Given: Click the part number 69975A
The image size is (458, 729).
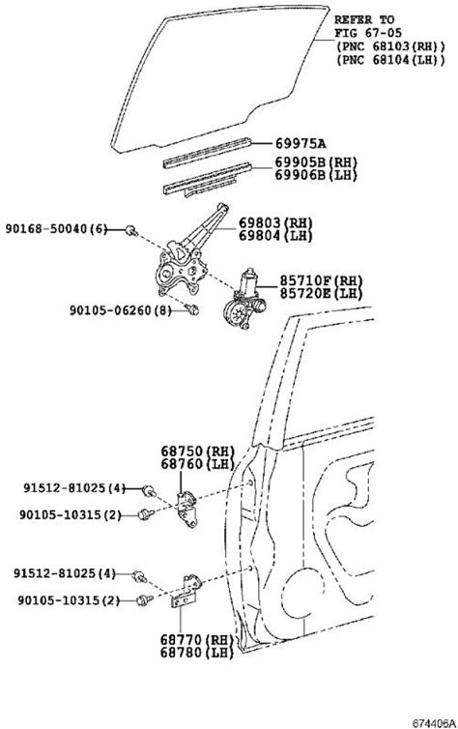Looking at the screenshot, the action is pyautogui.click(x=301, y=144).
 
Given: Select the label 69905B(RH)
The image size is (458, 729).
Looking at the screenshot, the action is pyautogui.click(x=316, y=162).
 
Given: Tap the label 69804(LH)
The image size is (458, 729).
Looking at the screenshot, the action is pyautogui.click(x=275, y=235).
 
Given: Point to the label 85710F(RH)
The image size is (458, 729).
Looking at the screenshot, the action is pyautogui.click(x=321, y=280).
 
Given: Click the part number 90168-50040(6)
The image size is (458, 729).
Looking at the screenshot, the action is pyautogui.click(x=56, y=229).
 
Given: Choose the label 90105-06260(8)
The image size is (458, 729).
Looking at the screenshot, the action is pyautogui.click(x=121, y=310).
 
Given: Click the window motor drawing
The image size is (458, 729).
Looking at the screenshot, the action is pyautogui.click(x=244, y=299).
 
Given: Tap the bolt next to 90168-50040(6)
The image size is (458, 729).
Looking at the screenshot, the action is pyautogui.click(x=131, y=230).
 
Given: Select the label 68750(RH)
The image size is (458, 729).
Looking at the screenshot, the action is pyautogui.click(x=198, y=451).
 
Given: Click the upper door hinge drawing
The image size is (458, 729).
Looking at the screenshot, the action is pyautogui.click(x=188, y=510).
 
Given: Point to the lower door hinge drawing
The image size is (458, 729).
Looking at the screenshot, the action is pyautogui.click(x=186, y=591).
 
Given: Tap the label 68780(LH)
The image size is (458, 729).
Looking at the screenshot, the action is pyautogui.click(x=196, y=653).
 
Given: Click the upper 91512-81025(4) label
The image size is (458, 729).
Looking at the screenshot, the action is pyautogui.click(x=74, y=488).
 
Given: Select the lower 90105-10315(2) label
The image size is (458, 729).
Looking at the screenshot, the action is pyautogui.click(x=70, y=600).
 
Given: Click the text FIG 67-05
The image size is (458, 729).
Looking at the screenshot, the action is pyautogui.click(x=368, y=33).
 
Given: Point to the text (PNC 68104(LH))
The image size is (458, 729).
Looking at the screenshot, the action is pyautogui.click(x=390, y=60).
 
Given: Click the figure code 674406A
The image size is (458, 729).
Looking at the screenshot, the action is pyautogui.click(x=433, y=723).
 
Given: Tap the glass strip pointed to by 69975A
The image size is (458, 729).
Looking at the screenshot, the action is pyautogui.click(x=207, y=153).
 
